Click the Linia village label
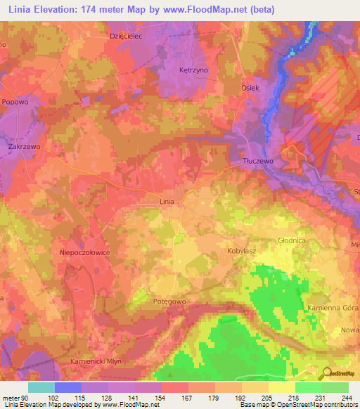(167, 202)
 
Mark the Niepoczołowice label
(85, 251)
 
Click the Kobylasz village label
(240, 250)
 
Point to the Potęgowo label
(169, 301)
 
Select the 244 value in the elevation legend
(345, 397)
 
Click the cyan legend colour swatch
(41, 387)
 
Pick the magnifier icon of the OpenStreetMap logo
(326, 373)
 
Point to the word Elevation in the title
(58, 10)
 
